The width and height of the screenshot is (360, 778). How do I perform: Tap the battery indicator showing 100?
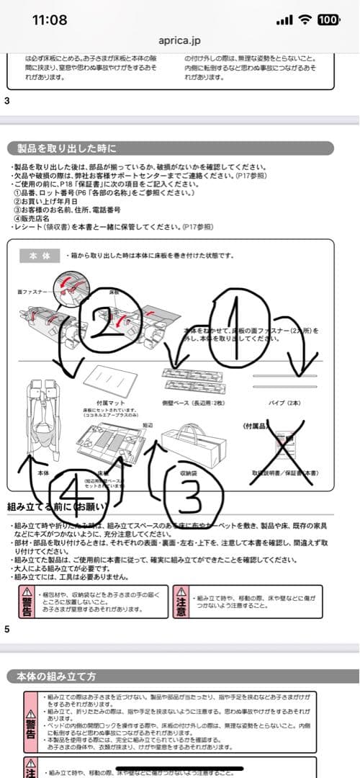pyautogui.click(x=328, y=19)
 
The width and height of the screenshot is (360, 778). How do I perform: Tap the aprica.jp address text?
pyautogui.click(x=180, y=42)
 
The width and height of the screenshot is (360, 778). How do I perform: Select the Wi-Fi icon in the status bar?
pyautogui.click(x=305, y=19)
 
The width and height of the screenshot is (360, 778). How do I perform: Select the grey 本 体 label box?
pyautogui.click(x=40, y=256)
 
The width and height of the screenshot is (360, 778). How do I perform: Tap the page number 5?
pyautogui.click(x=7, y=629)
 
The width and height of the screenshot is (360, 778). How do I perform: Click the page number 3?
pyautogui.click(x=7, y=100)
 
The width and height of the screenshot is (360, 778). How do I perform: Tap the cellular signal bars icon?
pyautogui.click(x=284, y=20)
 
